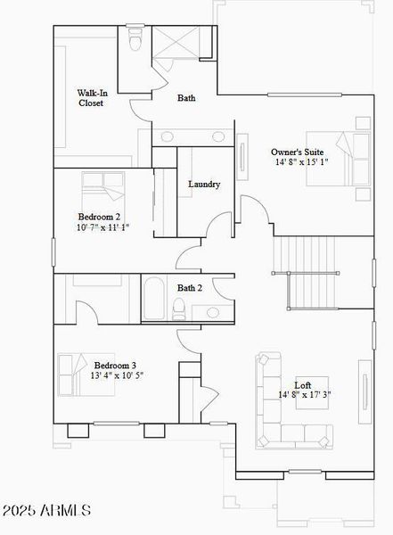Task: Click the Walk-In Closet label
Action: click(x=90, y=98)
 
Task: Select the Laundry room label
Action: click(x=204, y=185)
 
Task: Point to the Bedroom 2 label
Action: click(x=99, y=217)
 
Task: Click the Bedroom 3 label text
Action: click(x=115, y=365)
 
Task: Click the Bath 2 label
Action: click(x=190, y=288)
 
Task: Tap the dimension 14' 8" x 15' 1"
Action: click(x=301, y=162)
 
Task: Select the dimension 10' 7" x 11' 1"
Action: click(x=102, y=227)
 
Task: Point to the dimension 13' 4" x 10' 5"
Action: click(x=118, y=375)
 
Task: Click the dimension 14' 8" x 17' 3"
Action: click(x=305, y=394)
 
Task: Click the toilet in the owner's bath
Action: click(x=135, y=41)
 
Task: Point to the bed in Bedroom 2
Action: click(x=102, y=187)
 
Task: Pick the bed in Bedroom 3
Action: click(x=76, y=373)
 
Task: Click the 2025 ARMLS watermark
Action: click(x=46, y=511)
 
